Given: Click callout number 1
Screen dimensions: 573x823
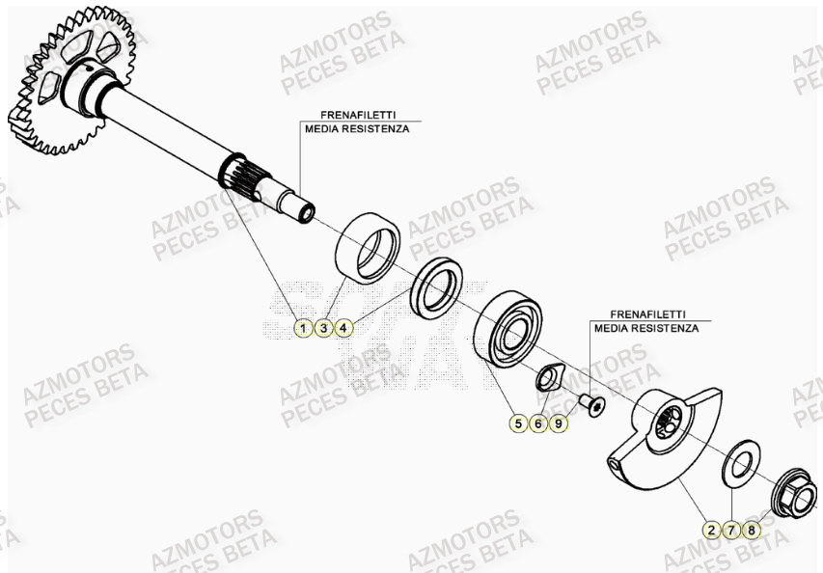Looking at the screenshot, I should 303,329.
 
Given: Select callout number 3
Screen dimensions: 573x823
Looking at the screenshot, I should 324,329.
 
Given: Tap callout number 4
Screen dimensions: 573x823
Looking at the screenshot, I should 344,329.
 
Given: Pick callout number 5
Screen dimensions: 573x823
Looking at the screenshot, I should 518,423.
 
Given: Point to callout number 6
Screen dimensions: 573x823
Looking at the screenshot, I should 538,423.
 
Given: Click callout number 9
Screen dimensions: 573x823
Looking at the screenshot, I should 559,423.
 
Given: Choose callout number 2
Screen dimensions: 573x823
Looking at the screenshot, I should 711,530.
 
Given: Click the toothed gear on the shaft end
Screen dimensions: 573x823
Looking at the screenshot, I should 68,82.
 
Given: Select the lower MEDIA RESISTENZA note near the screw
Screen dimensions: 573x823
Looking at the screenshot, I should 646,329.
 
